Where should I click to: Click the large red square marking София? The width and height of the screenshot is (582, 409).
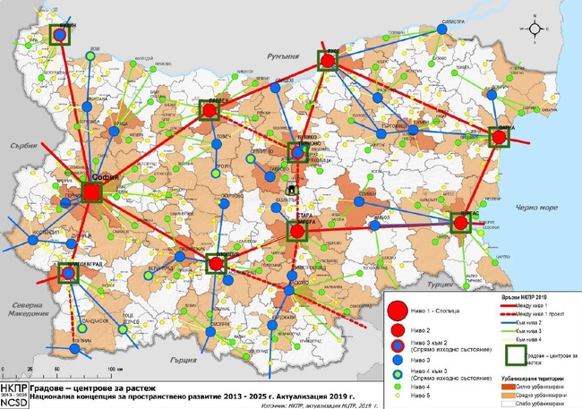pyautogui.click(x=92, y=192)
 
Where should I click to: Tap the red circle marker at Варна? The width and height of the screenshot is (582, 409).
pyautogui.click(x=500, y=137)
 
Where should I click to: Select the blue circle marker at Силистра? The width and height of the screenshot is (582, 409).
pyautogui.click(x=441, y=30)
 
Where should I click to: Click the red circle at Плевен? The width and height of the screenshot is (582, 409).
pyautogui.click(x=210, y=110)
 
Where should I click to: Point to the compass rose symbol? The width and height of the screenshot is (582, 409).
pyautogui.click(x=535, y=28)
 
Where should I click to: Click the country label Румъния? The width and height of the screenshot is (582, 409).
pyautogui.click(x=268, y=55)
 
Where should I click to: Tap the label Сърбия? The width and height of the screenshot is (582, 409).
pyautogui.click(x=16, y=143)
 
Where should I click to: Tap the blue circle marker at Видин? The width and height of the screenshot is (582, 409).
pyautogui.click(x=59, y=34)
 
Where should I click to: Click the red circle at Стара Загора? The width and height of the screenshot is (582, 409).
pyautogui.click(x=298, y=230)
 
